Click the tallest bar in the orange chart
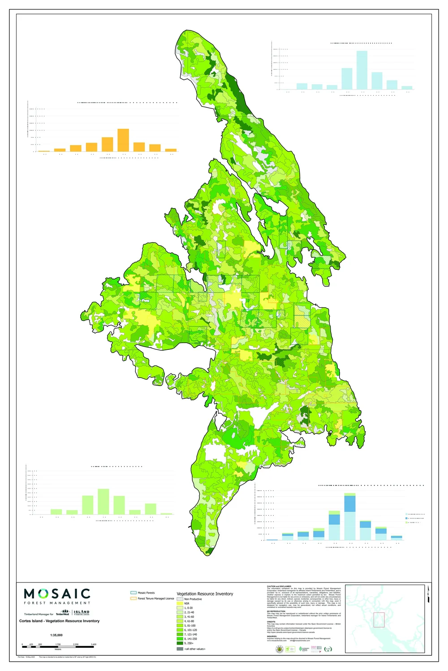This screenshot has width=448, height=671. click(123, 140)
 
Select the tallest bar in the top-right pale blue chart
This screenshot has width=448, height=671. click(362, 70)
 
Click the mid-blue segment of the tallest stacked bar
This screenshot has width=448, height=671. click(350, 504)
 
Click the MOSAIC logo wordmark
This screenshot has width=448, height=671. click(57, 594)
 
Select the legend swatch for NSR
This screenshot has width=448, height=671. click(180, 603)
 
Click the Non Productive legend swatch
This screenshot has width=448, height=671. click(180, 599)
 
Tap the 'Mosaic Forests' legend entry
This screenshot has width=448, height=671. click(146, 593)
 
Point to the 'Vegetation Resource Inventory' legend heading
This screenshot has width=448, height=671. click(205, 594)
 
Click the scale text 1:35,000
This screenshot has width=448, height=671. click(56, 635)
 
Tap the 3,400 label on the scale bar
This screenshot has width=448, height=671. click(93, 644)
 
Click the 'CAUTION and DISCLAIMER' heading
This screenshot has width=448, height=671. click(279, 586)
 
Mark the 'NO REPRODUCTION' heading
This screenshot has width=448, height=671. click(276, 611)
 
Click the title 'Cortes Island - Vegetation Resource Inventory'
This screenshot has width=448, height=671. click(59, 621)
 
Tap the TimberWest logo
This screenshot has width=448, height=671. click(62, 614)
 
